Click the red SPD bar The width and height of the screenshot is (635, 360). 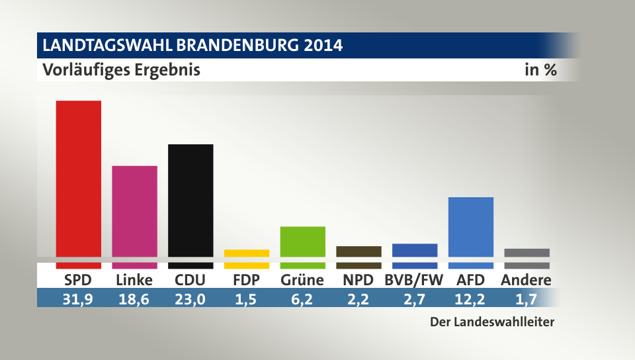click(78, 179)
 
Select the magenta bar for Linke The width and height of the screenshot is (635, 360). click(134, 212)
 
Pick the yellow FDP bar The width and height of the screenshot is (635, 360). click(247, 253)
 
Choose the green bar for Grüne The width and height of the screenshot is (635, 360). click(302, 242)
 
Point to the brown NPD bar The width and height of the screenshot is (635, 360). click(359, 251)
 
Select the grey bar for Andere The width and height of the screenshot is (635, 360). click(527, 253)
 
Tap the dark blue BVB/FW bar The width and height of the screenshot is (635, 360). click(415, 250)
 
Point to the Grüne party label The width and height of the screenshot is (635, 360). click(302, 280)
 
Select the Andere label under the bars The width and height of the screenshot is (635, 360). click(526, 280)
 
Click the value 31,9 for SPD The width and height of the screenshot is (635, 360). click(78, 299)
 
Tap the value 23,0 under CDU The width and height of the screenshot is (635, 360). click(190, 299)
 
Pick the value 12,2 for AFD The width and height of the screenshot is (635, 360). click(470, 299)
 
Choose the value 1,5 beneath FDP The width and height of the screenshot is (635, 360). click(246, 299)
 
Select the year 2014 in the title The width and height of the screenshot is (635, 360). click(323, 46)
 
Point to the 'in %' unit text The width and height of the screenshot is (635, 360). click(540, 69)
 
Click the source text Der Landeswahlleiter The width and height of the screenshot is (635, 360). click(491, 322)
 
